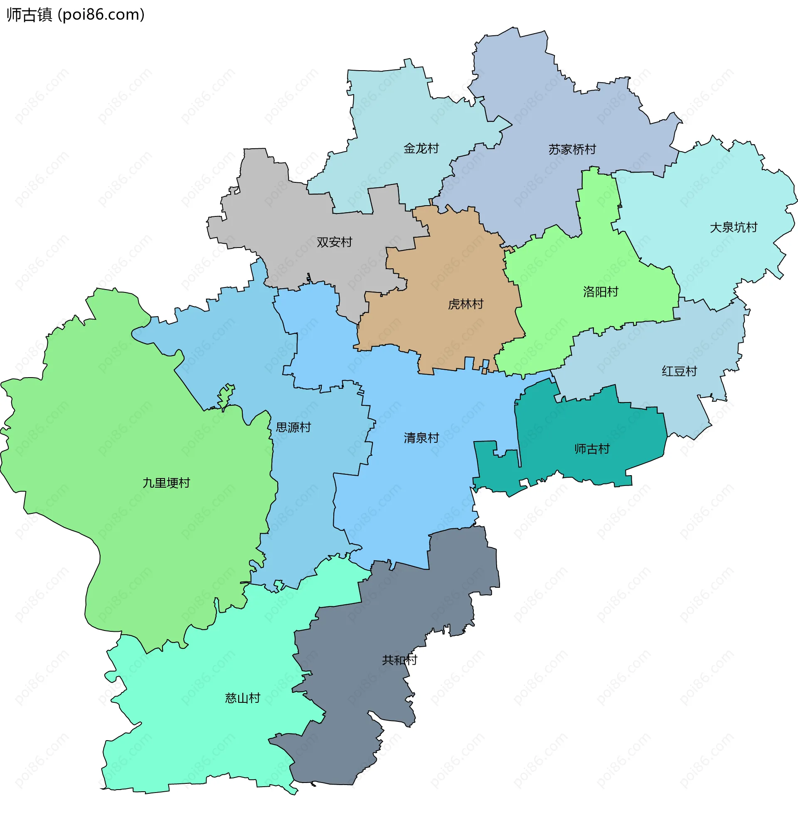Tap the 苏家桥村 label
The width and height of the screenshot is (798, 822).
[572, 149]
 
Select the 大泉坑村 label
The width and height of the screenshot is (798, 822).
[734, 227]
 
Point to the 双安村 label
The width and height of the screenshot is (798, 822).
[334, 242]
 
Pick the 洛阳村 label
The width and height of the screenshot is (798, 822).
[601, 292]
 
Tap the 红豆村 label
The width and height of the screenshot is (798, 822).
[679, 371]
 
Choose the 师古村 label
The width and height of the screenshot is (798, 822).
[591, 449]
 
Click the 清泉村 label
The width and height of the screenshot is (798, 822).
[421, 438]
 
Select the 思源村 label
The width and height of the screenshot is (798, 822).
[293, 427]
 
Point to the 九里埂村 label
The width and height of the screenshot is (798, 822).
[166, 483]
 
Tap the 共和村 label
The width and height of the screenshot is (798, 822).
[399, 660]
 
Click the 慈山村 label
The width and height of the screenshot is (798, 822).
[242, 698]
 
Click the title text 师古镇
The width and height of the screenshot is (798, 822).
[30, 15]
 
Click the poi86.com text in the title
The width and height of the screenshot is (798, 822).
[101, 15]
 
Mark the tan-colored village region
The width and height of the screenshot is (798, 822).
[445, 272]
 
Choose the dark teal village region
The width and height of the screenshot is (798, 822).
[587, 424]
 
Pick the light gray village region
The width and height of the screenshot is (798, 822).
[294, 218]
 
